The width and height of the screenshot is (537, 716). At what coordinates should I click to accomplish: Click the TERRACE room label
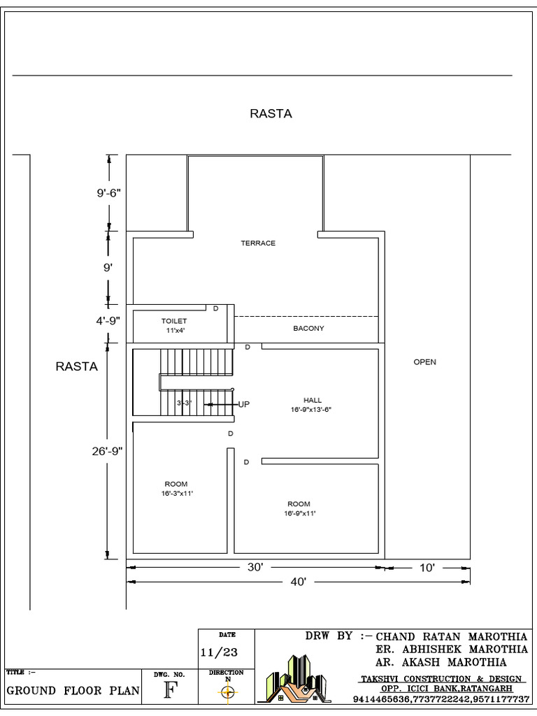coord(258,243)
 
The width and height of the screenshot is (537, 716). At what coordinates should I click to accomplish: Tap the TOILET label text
coord(174,321)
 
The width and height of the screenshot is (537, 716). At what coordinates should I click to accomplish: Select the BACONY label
coord(308,328)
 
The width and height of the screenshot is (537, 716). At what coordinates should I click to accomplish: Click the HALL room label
coord(313,401)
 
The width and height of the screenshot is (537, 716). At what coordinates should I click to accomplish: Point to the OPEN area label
coord(424,362)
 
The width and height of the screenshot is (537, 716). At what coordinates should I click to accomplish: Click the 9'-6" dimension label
coord(110,194)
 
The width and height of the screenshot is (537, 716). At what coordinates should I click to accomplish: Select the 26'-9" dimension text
coord(106,451)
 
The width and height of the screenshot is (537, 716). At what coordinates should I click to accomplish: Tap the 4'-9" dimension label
coord(108,321)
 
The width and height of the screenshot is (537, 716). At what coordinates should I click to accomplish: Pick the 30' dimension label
coord(255,567)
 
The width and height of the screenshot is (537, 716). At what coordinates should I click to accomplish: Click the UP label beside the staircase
coord(244,404)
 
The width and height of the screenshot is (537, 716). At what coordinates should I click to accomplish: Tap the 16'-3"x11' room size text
coord(176,494)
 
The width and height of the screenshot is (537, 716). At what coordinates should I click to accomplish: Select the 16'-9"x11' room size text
coord(299,514)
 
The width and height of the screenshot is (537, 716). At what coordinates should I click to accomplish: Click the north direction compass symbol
coord(227,692)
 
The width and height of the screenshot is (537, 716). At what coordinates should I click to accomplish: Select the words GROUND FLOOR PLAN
coord(73,692)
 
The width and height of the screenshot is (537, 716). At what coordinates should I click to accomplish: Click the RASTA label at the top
coord(271,113)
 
